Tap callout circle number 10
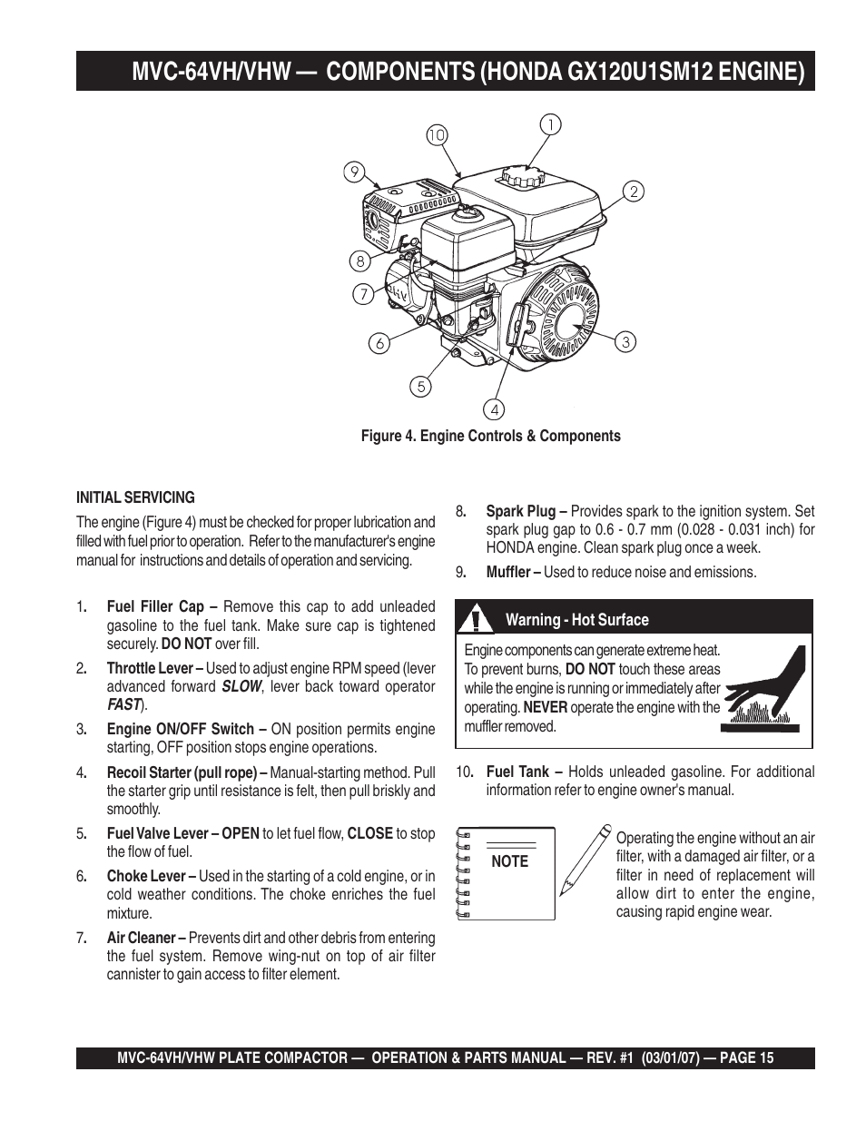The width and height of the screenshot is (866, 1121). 437,135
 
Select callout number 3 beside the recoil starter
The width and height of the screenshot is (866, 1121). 625,341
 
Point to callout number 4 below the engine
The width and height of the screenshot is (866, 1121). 495,409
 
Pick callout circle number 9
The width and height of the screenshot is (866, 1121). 354,171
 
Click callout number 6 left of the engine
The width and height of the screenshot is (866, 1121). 379,343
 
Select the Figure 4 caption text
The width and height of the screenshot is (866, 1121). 490,436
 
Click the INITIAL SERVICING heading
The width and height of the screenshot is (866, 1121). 135,497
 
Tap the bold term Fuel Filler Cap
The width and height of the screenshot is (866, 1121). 155,607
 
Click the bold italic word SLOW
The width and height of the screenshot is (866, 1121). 241,687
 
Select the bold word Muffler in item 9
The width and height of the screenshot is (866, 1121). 509,573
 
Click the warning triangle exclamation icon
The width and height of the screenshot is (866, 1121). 475,620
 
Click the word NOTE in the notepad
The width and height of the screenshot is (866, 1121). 509,862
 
